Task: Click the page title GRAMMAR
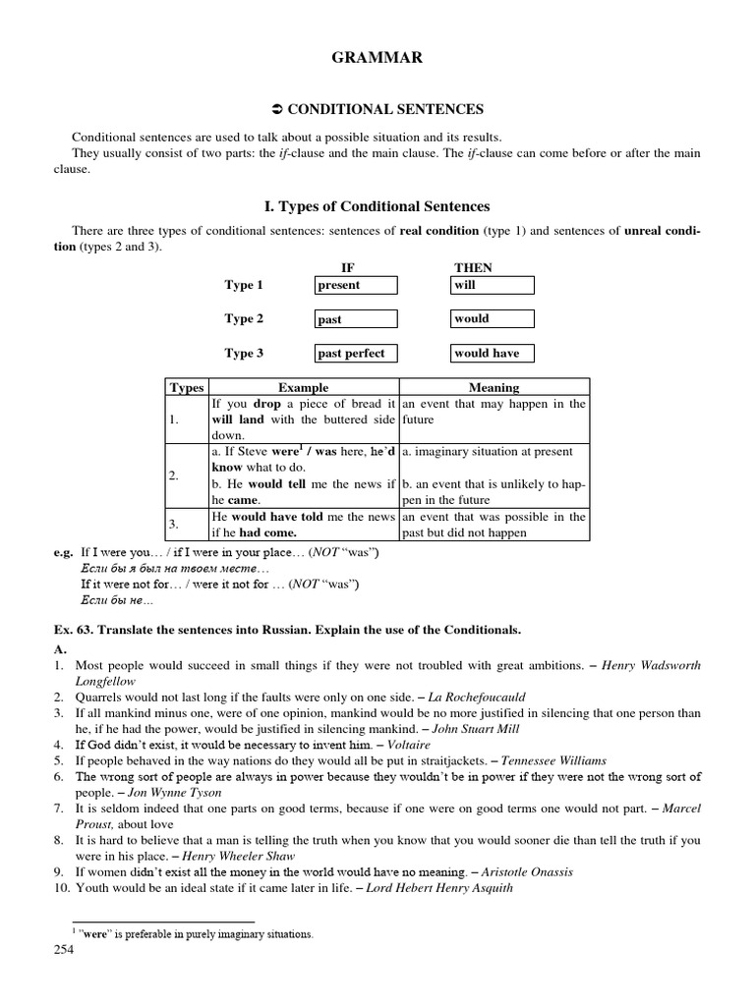377,59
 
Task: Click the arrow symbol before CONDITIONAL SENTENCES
276,110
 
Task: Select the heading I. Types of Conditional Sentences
377,206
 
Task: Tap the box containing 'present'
356,285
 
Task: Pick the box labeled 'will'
492,285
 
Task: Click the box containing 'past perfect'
356,353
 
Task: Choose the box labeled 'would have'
492,353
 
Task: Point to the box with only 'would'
492,318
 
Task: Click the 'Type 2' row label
244,319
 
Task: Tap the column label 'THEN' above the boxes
473,267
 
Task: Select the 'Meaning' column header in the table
494,388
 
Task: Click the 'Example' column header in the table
303,388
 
